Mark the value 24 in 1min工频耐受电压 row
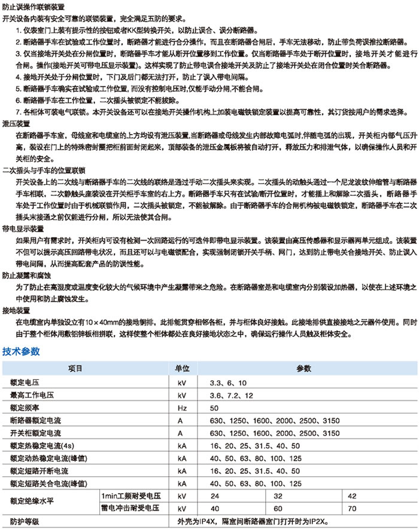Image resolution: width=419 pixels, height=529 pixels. pos(214,496)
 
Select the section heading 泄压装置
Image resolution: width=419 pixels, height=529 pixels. pos(16,123)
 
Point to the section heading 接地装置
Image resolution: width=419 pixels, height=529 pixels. pos(16,311)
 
